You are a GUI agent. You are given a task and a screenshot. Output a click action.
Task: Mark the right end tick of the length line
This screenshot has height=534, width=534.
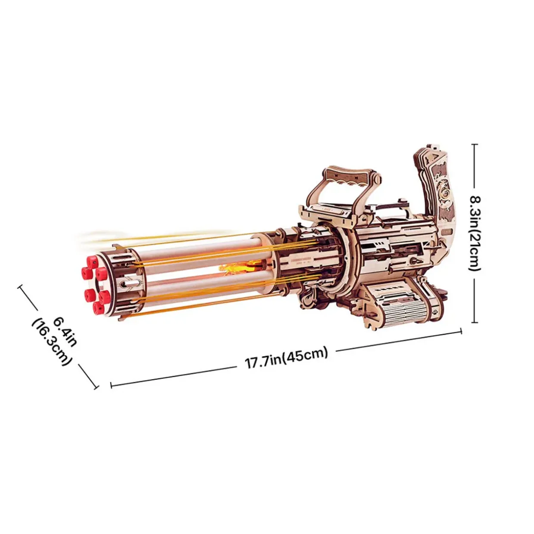tap(461, 331)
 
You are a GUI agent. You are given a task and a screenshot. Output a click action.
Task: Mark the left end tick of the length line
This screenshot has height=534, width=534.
tap(111, 385)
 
